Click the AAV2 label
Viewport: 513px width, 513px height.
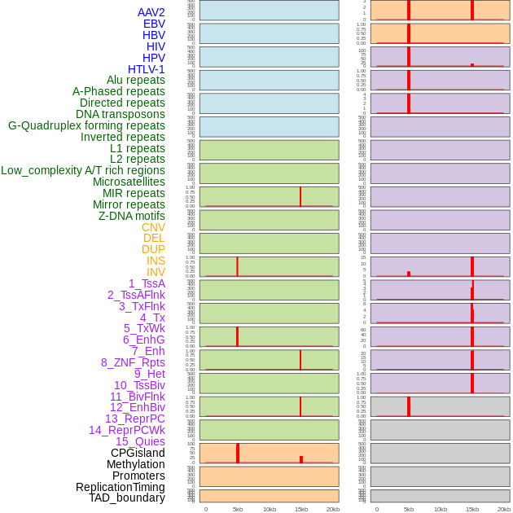coord(151,12)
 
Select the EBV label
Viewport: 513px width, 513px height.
coord(154,24)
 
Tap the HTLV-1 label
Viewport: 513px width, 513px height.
coord(146,69)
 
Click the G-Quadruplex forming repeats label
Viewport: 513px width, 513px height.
coord(86,125)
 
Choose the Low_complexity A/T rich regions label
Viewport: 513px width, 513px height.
coord(83,170)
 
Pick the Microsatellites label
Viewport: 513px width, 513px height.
coord(129,182)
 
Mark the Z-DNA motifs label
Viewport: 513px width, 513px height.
coord(132,216)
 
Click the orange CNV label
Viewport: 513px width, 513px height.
coord(153,227)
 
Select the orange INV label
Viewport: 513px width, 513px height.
coord(156,272)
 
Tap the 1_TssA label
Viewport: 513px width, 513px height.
coord(147,283)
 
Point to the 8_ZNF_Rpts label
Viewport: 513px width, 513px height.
coord(133,362)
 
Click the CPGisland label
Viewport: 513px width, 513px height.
coord(138,453)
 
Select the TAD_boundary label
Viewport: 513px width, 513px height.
coord(126,498)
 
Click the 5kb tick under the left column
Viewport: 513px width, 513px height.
coord(238,509)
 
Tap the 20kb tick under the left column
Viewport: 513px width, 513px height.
coord(333,509)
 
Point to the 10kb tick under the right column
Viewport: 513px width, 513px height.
coord(441,509)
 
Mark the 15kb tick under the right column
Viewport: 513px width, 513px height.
coord(472,509)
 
